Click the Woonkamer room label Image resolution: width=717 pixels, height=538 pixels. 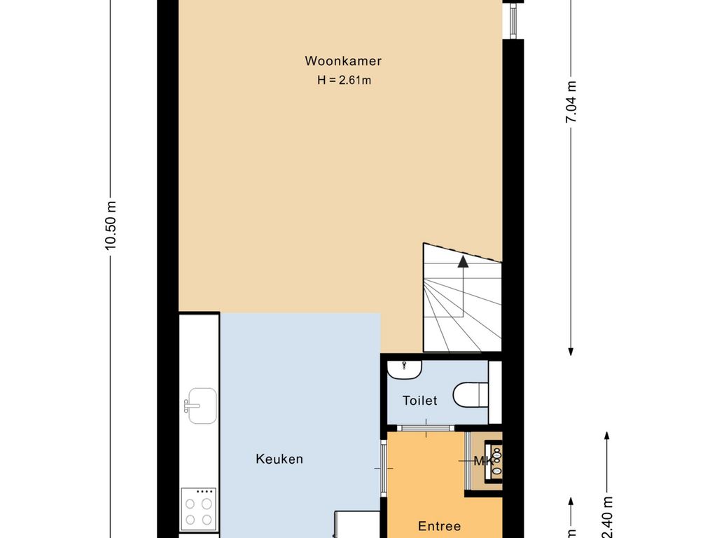(x=343, y=61)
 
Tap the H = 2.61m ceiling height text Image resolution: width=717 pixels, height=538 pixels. (x=344, y=80)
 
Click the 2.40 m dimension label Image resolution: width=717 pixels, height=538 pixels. (x=607, y=516)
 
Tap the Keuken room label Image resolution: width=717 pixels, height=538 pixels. (x=279, y=460)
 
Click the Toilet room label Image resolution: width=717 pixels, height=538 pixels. (x=419, y=401)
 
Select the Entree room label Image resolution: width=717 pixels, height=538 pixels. (x=439, y=526)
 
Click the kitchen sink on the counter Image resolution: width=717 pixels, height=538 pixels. (x=200, y=406)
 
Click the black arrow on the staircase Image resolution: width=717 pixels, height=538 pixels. (x=462, y=262)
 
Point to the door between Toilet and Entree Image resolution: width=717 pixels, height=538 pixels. (x=426, y=427)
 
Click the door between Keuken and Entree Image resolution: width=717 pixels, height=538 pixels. (x=384, y=468)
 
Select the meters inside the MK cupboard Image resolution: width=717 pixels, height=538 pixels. (x=496, y=462)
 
